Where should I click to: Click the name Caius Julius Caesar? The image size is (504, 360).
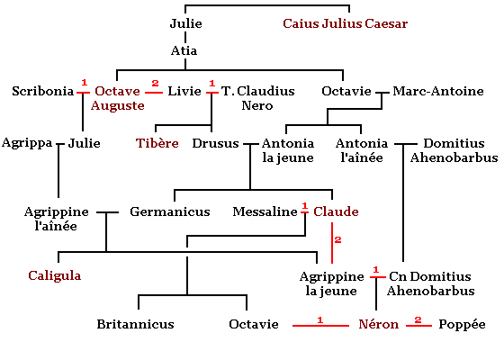(x=346, y=23)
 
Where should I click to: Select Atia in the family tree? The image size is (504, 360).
(x=184, y=50)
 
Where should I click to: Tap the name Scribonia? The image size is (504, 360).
(x=43, y=91)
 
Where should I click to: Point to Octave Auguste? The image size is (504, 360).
(x=118, y=98)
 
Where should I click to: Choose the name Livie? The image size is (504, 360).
(x=184, y=91)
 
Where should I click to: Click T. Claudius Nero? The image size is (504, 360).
(x=257, y=98)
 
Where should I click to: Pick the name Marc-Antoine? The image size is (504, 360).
(x=438, y=91)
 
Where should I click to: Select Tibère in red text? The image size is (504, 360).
(x=157, y=143)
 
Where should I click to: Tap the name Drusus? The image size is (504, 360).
(x=215, y=143)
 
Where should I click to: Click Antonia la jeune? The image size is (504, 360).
(x=288, y=150)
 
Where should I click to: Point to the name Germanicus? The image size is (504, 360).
(x=170, y=211)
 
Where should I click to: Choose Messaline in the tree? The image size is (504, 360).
(x=265, y=211)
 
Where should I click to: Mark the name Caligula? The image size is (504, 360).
(x=55, y=275)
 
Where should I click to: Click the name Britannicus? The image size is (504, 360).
(x=135, y=324)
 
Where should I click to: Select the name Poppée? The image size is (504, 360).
(x=462, y=324)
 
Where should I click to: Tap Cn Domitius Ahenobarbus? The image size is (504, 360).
(x=431, y=283)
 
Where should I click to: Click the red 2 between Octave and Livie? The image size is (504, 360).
(x=155, y=83)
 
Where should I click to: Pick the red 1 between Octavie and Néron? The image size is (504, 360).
(x=319, y=319)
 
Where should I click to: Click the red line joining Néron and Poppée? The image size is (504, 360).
(x=418, y=326)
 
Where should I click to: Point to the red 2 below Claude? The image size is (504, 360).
(x=337, y=239)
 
